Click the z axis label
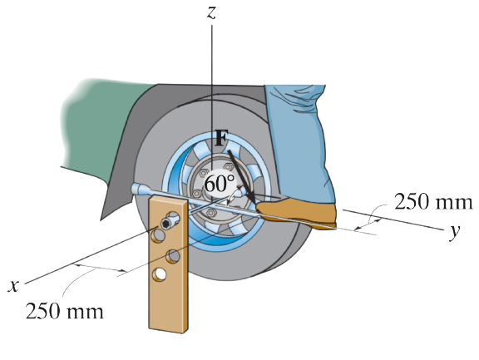(x=211, y=12)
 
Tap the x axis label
(x=13, y=286)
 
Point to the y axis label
(x=455, y=231)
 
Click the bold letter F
(x=220, y=138)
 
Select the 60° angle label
(x=220, y=184)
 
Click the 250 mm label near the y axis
(x=433, y=202)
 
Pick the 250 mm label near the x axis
(x=65, y=311)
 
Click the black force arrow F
(x=242, y=176)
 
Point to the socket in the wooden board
(x=169, y=223)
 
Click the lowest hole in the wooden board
(x=160, y=274)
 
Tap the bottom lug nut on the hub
(x=210, y=212)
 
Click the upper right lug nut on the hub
(x=228, y=167)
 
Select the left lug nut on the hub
(x=197, y=194)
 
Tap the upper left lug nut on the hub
(x=203, y=173)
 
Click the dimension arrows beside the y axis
(x=368, y=224)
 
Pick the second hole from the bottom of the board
(x=173, y=256)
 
